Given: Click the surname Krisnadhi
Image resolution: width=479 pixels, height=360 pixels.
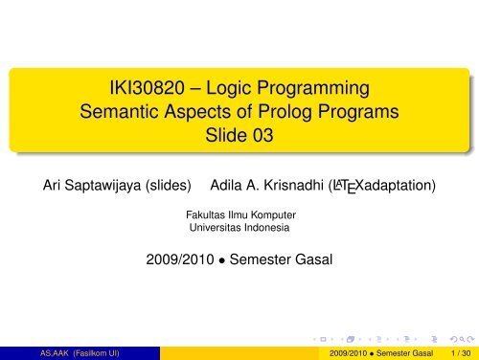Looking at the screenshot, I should pyautogui.click(x=308, y=183).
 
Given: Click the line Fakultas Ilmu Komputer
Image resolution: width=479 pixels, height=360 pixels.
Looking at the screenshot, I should pyautogui.click(x=239, y=215).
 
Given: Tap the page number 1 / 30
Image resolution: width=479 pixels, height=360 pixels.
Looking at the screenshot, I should pyautogui.click(x=459, y=352).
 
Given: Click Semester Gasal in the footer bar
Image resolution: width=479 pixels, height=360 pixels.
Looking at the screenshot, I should pyautogui.click(x=402, y=352).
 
